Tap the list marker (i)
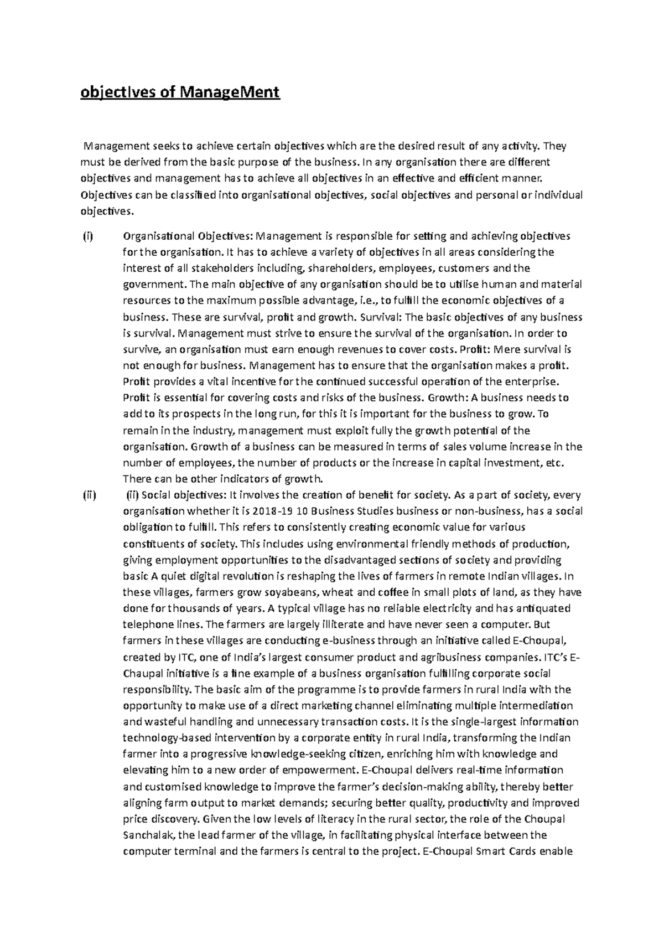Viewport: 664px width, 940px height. pos(88,236)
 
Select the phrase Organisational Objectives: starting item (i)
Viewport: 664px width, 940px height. pos(187,236)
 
